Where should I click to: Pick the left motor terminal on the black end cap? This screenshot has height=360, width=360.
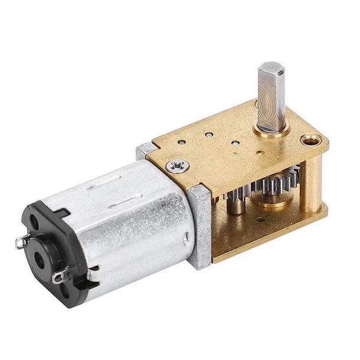[x=22, y=241]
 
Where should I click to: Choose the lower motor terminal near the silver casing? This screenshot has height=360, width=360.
[x=58, y=278]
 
